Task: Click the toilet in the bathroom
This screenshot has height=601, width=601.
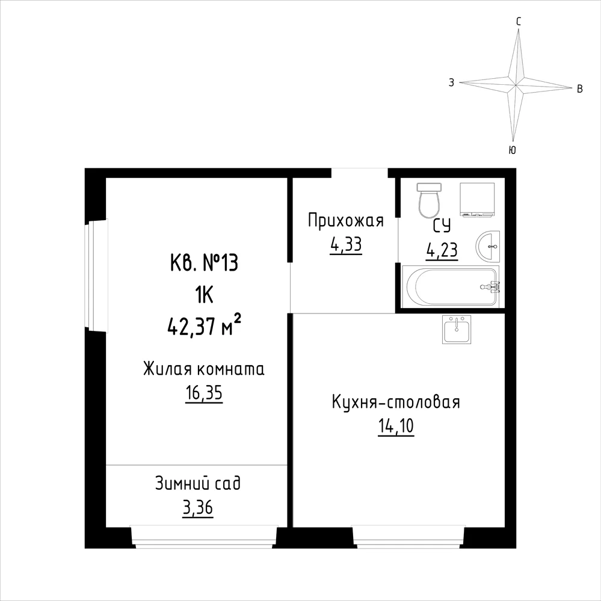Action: point(430,200)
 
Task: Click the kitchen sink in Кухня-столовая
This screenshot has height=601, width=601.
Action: point(457,329)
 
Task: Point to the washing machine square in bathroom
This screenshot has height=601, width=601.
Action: point(477,200)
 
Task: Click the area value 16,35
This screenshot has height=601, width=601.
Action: point(204,393)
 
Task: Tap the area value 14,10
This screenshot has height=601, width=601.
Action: point(396,426)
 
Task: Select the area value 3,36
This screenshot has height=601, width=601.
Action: point(198,508)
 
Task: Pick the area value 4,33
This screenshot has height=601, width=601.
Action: point(346,244)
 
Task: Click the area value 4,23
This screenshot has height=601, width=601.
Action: point(442,250)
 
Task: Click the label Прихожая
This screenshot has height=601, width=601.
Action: point(346,221)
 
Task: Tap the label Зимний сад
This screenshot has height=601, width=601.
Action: point(198,483)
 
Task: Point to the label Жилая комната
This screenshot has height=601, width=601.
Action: point(204,369)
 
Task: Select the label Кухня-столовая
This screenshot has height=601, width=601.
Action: point(396,402)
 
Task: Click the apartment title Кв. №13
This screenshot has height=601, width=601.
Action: point(204,264)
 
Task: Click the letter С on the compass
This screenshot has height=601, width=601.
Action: point(519,22)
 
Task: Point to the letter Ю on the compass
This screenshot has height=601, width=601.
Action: point(513,150)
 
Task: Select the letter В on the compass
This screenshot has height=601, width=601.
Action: point(580,89)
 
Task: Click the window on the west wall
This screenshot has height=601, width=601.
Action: point(97,274)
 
